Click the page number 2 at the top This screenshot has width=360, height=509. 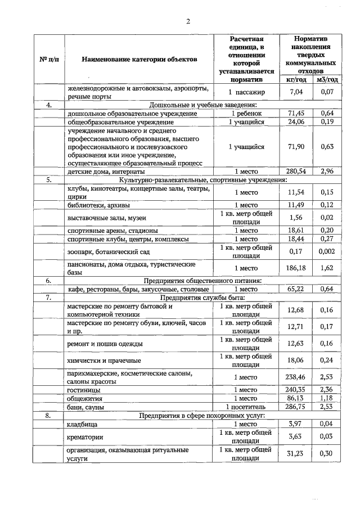pyautogui.click(x=188, y=21)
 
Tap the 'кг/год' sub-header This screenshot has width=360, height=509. pyautogui.click(x=296, y=80)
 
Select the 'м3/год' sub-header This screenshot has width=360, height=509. pyautogui.click(x=327, y=80)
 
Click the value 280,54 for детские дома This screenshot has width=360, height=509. pyautogui.click(x=296, y=171)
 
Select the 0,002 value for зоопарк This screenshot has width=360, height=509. pyautogui.click(x=327, y=251)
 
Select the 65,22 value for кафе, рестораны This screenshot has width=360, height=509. pyautogui.click(x=296, y=289)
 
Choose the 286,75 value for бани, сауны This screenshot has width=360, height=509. pyautogui.click(x=296, y=407)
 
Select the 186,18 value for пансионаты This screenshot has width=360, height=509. pyautogui.click(x=296, y=268)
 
